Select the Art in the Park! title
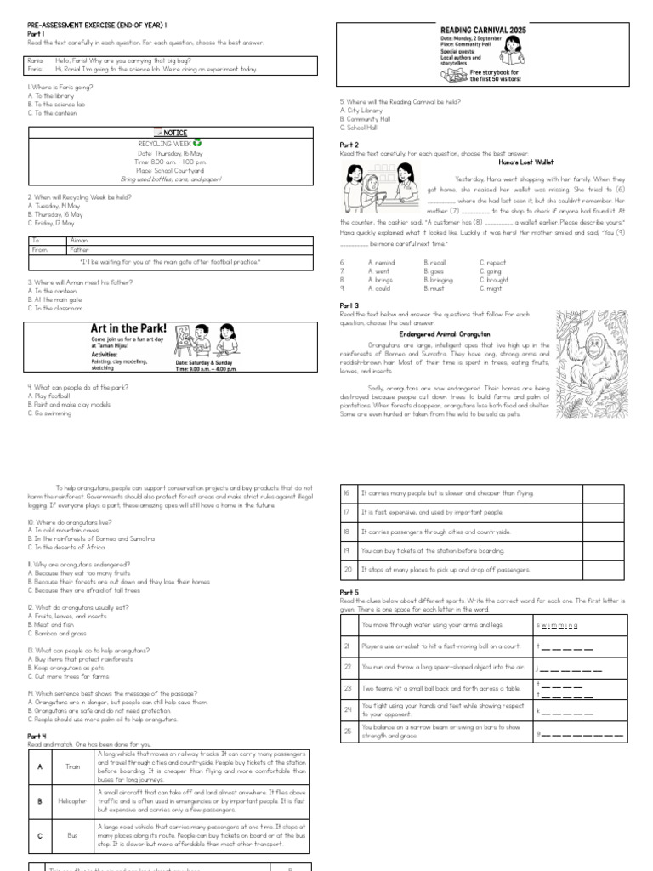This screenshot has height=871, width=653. click(128, 327)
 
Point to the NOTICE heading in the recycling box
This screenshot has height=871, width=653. click(170, 134)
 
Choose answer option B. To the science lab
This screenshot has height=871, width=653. click(57, 104)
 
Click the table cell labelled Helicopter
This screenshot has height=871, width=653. click(72, 800)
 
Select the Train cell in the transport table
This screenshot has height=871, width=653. click(72, 766)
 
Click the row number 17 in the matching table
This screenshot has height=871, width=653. click(347, 512)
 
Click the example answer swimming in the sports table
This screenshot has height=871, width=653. click(558, 625)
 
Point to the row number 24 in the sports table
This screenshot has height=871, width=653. click(347, 709)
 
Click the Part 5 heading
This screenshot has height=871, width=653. click(349, 591)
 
